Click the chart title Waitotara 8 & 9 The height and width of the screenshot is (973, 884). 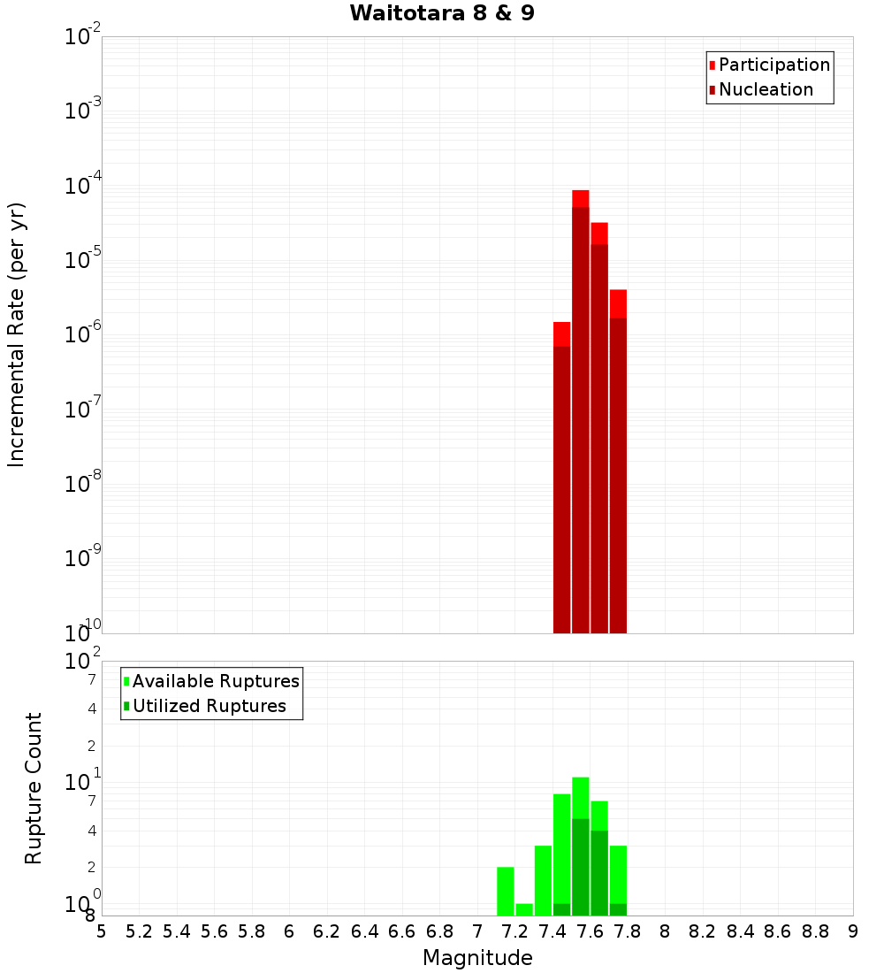(442, 14)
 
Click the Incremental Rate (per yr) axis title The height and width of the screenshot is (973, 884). (17, 334)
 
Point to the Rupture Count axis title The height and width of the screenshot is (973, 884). (34, 788)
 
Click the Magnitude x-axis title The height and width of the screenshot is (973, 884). (477, 958)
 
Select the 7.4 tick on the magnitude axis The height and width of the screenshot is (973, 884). (552, 931)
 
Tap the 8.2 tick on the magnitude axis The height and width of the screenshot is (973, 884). (703, 931)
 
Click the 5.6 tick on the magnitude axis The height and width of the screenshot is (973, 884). (215, 931)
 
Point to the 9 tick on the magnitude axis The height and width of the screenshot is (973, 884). (853, 931)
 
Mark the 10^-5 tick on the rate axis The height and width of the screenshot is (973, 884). (84, 260)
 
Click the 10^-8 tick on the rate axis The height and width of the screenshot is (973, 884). (84, 484)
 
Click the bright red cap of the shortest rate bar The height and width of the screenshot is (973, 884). (561, 333)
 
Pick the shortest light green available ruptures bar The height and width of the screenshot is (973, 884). (524, 909)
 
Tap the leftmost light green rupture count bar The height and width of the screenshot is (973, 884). (506, 891)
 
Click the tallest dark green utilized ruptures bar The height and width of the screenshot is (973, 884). (581, 867)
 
